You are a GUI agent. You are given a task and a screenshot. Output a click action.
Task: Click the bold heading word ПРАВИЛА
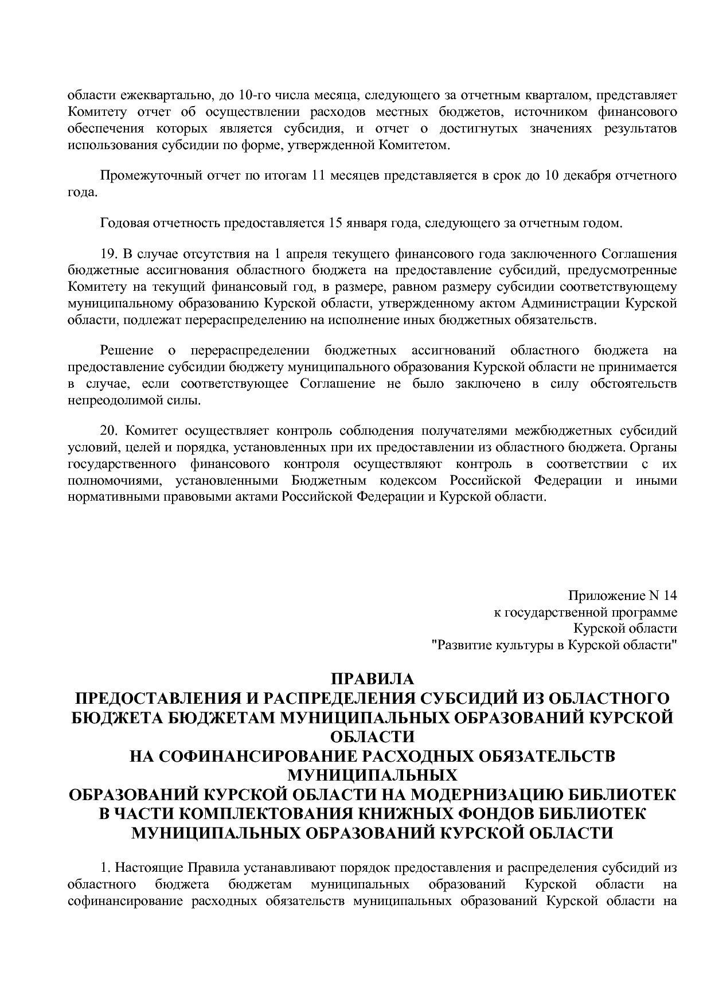click(x=372, y=679)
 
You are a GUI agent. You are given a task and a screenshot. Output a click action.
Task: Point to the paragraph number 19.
click(x=108, y=254)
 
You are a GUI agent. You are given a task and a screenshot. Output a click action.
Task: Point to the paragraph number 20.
click(x=108, y=430)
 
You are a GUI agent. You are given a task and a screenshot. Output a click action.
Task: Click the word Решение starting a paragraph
click(x=127, y=350)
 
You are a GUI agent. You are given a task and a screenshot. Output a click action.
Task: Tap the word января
click(x=369, y=223)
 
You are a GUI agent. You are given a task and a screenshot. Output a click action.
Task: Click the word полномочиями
click(x=113, y=480)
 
